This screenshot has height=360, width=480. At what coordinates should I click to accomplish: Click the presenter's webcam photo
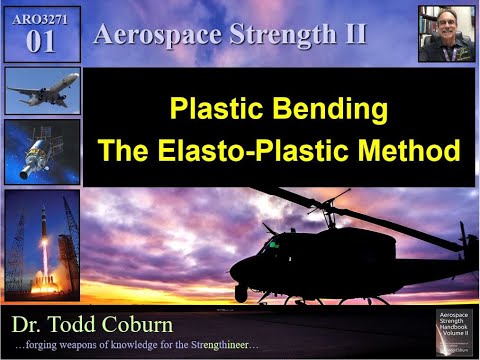pos(445,34)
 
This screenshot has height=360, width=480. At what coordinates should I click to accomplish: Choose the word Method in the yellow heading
pos(414,151)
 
